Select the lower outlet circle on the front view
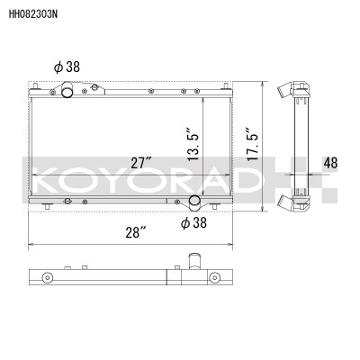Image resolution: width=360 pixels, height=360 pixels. pyautogui.click(x=194, y=202)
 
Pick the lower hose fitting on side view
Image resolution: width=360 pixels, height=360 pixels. pyautogui.click(x=289, y=201)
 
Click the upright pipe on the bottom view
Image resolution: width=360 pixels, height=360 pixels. pyautogui.click(x=193, y=263)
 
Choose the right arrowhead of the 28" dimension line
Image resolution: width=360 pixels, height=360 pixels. pyautogui.click(x=237, y=244)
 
